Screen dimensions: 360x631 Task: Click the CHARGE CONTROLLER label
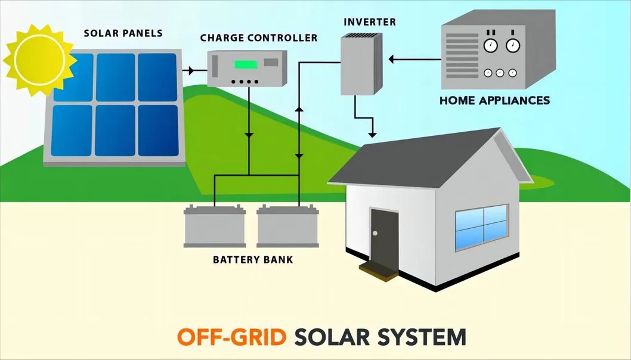pyautogui.click(x=259, y=38)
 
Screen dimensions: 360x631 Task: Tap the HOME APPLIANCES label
pyautogui.click(x=494, y=101)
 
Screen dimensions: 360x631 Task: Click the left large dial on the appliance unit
pyautogui.click(x=491, y=46)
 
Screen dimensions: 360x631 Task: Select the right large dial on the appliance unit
pyautogui.click(x=512, y=46)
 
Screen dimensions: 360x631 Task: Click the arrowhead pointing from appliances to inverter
pyautogui.click(x=392, y=59)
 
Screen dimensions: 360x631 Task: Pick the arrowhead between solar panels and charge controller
pyautogui.click(x=190, y=71)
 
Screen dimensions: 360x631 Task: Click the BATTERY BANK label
pyautogui.click(x=253, y=260)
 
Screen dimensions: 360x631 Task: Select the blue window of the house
pyautogui.click(x=481, y=227)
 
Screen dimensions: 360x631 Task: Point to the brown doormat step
pyautogui.click(x=378, y=269)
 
